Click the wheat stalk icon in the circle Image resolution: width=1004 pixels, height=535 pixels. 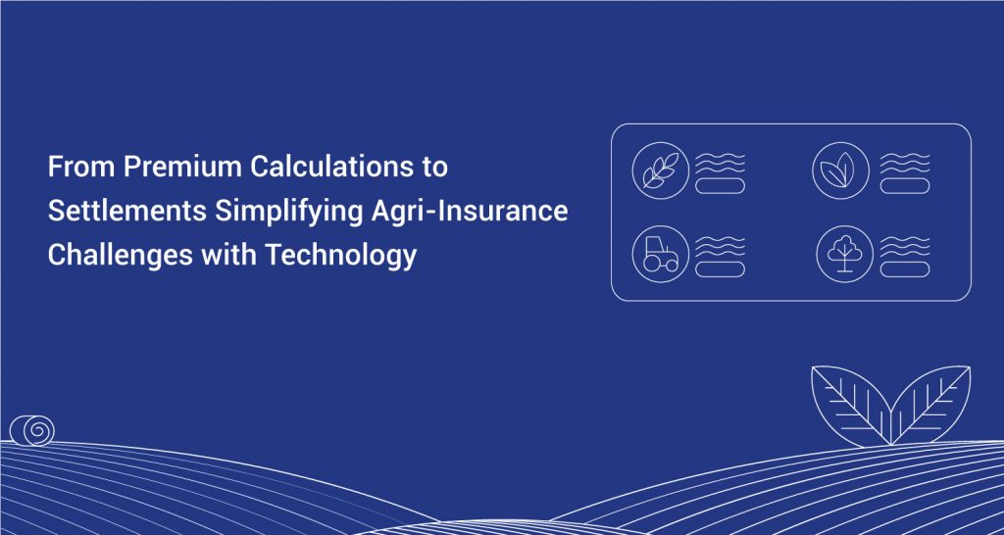[x=660, y=170]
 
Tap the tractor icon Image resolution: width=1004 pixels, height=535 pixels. [x=660, y=254]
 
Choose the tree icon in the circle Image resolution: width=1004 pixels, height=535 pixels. [x=844, y=254]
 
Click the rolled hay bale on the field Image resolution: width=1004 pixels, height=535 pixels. [x=32, y=430]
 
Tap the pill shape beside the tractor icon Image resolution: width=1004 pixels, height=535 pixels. [x=721, y=269]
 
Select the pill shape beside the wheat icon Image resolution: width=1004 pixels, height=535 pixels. [x=721, y=186]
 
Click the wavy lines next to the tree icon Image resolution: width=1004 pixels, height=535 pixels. [x=905, y=246]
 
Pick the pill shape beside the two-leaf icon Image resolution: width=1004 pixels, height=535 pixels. [x=905, y=186]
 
